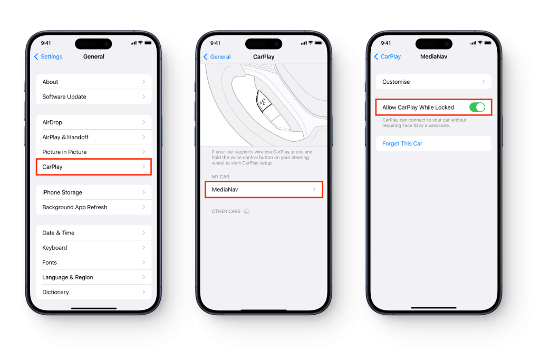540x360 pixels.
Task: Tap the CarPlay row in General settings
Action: tap(94, 167)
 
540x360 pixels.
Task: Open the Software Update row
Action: tap(94, 96)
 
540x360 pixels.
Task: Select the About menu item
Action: tap(94, 82)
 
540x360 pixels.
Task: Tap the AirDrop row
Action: tap(94, 122)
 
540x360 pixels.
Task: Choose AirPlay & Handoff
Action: tap(94, 137)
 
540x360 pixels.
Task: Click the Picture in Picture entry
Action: tap(94, 152)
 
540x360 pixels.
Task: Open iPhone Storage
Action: tap(94, 192)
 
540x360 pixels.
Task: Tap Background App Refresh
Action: tap(94, 207)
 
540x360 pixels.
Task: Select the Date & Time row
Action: tap(94, 232)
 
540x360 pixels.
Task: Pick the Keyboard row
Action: tap(94, 247)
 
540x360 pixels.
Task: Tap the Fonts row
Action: tap(94, 262)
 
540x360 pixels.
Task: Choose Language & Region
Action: tap(94, 277)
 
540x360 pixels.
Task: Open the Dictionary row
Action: tap(94, 292)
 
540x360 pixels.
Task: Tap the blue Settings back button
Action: tap(48, 56)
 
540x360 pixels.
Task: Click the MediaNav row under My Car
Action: tap(264, 189)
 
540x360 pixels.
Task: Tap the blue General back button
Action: tap(217, 57)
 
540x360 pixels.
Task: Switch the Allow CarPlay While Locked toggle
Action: tap(477, 108)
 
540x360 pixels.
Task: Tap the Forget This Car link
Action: tap(402, 143)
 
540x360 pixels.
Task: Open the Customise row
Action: tap(433, 82)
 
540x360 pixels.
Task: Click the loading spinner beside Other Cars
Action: tap(246, 211)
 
